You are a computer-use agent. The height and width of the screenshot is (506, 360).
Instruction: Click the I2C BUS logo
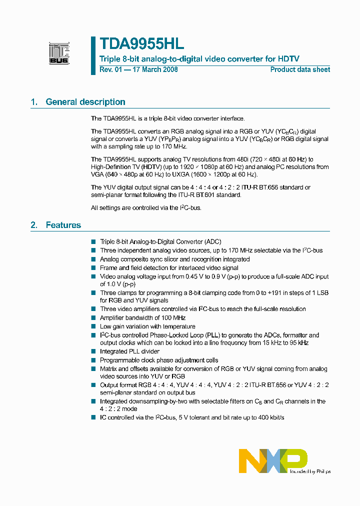click(59, 53)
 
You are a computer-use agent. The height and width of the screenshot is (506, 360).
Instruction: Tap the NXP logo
click(273, 460)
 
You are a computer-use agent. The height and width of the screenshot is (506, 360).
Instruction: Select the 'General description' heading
click(85, 102)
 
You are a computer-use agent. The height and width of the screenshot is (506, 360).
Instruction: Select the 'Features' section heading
click(63, 225)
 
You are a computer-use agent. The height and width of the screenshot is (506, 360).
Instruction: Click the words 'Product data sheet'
click(300, 69)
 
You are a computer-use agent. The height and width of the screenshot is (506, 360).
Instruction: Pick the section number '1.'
click(34, 102)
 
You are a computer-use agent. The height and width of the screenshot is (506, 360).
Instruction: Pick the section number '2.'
click(34, 225)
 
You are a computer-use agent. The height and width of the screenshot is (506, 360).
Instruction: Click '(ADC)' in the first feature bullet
click(212, 241)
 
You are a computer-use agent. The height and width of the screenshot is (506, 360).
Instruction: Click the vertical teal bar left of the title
click(93, 55)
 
